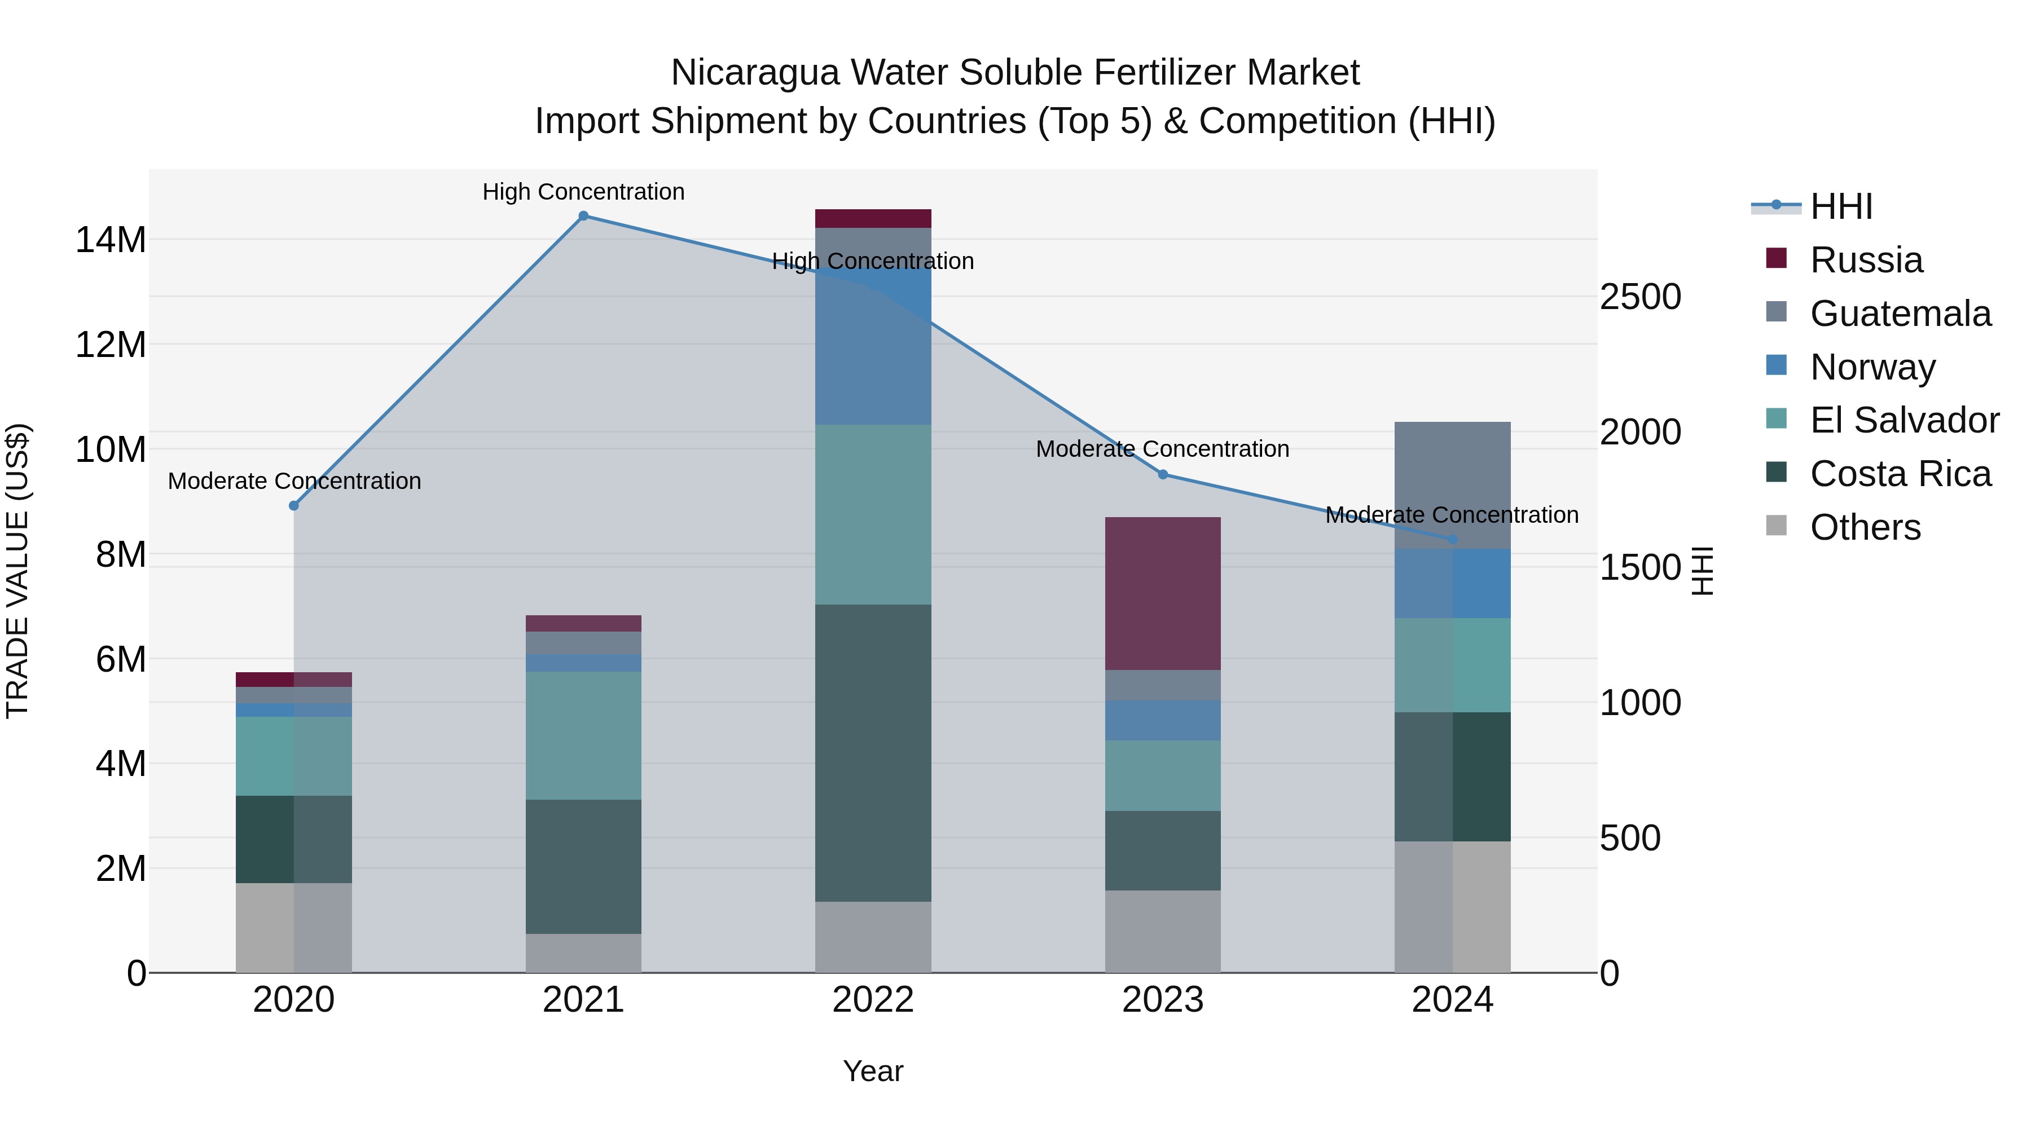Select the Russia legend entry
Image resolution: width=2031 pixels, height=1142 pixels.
(x=1866, y=260)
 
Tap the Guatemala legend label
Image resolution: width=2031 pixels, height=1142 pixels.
(x=1900, y=314)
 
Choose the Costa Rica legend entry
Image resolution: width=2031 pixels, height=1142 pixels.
(x=1900, y=474)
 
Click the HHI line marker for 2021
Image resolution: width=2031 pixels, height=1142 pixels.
(x=583, y=216)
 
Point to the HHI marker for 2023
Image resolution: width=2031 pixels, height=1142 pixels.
(x=1163, y=474)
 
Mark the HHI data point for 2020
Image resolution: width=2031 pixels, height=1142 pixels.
(x=294, y=506)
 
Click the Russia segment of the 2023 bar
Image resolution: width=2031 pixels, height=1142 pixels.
(x=1163, y=593)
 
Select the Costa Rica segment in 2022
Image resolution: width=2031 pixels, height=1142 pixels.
(x=873, y=753)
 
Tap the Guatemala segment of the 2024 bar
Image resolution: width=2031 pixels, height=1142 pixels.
(x=1452, y=484)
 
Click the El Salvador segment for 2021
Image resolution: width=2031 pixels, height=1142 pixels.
(x=583, y=735)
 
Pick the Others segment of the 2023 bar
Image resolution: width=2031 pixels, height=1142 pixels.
(x=1163, y=932)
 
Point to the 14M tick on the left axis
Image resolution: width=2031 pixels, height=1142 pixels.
(x=111, y=240)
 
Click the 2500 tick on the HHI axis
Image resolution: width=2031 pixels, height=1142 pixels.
(x=1641, y=297)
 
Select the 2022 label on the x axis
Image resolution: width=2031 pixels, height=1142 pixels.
(x=873, y=1000)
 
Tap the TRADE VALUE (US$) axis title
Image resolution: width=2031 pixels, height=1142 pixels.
(x=17, y=571)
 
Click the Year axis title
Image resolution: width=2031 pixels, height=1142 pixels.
(x=873, y=1071)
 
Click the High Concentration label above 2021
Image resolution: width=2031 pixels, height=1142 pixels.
(x=583, y=192)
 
